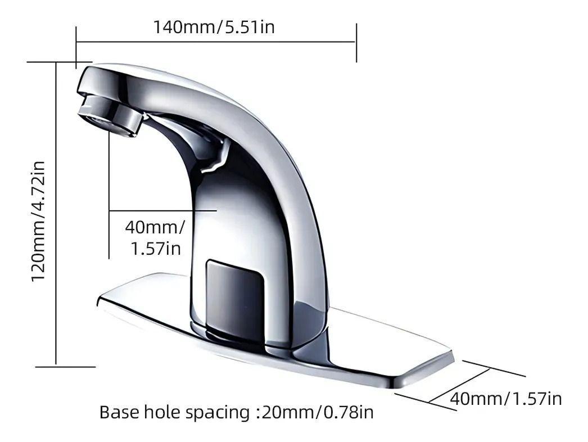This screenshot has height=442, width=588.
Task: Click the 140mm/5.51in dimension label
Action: [214, 26]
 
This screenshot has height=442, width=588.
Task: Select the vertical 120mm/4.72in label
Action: [38, 222]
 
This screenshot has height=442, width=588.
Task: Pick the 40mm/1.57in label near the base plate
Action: [505, 399]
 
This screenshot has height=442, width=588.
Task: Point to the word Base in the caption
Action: [119, 412]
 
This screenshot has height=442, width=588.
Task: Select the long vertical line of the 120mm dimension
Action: [56, 214]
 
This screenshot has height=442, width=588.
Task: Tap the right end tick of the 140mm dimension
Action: [356, 43]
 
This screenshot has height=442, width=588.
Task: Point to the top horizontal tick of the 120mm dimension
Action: [59, 62]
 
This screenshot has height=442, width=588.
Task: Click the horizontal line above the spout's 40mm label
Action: [163, 210]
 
